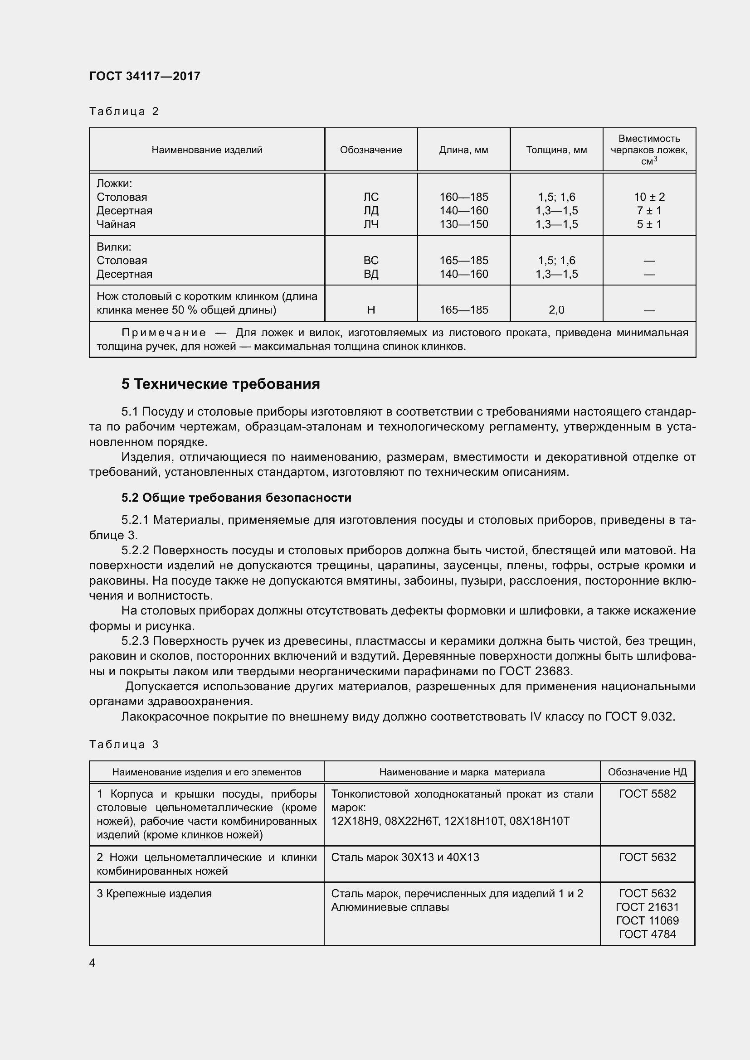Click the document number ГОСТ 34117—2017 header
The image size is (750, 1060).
[x=145, y=76]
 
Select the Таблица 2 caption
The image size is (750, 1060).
[x=124, y=111]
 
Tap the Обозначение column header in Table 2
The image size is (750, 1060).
[x=371, y=150]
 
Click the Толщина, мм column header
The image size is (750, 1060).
[x=556, y=150]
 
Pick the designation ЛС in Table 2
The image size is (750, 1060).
[x=371, y=197]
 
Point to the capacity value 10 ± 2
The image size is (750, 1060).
[x=649, y=197]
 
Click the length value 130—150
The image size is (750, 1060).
[x=463, y=224]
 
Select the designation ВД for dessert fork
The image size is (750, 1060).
[x=371, y=274]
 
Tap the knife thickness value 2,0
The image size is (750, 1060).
[x=556, y=310]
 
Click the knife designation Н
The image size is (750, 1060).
[x=371, y=310]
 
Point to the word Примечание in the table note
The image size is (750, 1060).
[x=164, y=333]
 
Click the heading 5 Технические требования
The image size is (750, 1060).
[x=220, y=384]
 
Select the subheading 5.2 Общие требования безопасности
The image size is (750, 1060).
[x=236, y=498]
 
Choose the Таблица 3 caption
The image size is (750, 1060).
[x=124, y=744]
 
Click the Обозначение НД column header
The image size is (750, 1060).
[x=647, y=772]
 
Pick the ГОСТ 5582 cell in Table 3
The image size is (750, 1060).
[x=647, y=794]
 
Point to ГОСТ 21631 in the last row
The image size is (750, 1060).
[x=647, y=907]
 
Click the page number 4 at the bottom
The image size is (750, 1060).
[x=93, y=963]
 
